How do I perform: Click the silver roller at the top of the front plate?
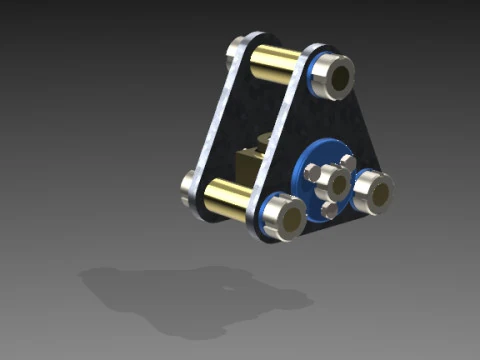click(333, 76)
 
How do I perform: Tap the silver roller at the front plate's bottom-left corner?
click(283, 217)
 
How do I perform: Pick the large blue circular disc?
click(313, 180)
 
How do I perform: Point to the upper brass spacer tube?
click(271, 67)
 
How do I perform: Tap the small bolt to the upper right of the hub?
click(348, 162)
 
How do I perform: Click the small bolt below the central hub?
click(329, 208)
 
